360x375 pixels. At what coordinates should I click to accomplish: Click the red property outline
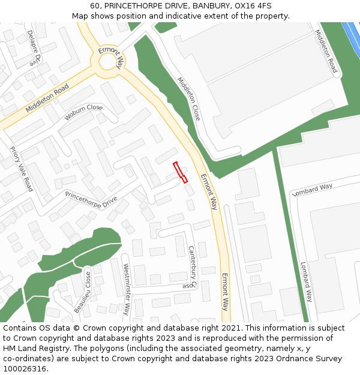pos(181,172)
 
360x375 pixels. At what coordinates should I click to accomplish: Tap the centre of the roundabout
pos(109,61)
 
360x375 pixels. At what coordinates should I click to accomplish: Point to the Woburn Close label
pos(84,112)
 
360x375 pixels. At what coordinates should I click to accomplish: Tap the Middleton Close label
pos(188,98)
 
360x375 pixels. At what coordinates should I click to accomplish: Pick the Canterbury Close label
pos(193,267)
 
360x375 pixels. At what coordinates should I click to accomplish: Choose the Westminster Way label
pos(127,289)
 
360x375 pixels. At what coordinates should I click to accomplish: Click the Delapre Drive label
pos(34,47)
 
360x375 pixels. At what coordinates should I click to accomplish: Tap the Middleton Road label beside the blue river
pos(326,52)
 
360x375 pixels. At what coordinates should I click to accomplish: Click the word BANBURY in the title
pos(209,5)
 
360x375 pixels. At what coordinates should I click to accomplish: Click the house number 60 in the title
pos(95,5)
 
